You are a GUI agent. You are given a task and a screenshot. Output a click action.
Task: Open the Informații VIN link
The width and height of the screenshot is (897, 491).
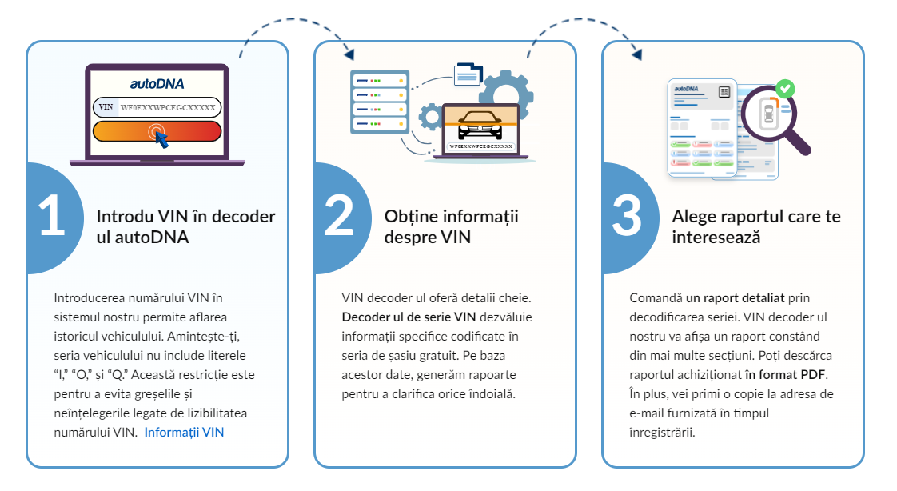(x=184, y=433)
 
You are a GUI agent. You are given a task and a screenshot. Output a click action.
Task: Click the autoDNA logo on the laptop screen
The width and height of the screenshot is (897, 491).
(x=157, y=83)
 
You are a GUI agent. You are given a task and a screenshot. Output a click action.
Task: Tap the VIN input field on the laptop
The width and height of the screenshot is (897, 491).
(x=157, y=107)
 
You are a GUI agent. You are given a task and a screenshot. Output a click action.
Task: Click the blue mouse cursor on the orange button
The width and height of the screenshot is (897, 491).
(x=161, y=139)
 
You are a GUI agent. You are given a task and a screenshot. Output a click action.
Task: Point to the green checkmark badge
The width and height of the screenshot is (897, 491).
(x=786, y=87)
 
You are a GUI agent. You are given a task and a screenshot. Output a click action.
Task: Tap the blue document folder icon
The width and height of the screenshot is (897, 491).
(x=468, y=74)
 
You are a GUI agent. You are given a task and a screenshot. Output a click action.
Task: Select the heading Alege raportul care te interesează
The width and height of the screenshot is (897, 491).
(x=756, y=226)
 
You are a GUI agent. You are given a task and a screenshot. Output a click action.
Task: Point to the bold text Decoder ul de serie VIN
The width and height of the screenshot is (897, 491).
(x=409, y=317)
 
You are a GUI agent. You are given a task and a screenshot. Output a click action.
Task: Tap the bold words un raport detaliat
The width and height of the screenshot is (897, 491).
(x=736, y=297)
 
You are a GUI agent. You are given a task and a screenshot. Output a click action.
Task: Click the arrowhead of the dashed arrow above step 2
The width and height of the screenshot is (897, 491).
(x=348, y=54)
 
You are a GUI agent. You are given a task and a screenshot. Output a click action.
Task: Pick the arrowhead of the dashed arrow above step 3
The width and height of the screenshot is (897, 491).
(x=636, y=54)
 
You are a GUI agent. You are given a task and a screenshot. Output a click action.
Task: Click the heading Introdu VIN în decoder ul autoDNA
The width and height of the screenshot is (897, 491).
(x=185, y=226)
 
